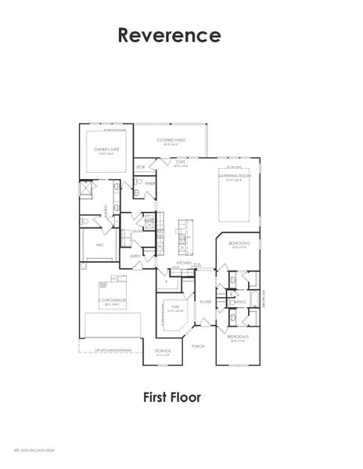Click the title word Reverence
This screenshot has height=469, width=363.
[170, 34]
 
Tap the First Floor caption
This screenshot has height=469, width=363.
[172, 398]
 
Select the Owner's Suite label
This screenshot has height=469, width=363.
[102, 152]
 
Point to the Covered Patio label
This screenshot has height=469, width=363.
[171, 140]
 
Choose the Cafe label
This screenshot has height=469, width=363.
[180, 161]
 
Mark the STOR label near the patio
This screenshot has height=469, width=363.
[141, 166]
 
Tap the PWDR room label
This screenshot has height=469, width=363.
[150, 184]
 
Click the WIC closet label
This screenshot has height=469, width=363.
[100, 245]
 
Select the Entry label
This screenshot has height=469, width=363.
[135, 256]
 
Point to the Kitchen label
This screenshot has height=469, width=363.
[184, 263]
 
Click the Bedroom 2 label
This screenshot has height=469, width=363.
[239, 244]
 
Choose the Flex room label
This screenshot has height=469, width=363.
[178, 307]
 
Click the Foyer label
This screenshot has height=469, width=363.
[206, 301]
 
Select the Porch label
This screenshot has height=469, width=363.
[198, 345]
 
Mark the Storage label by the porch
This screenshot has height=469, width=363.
[163, 351]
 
